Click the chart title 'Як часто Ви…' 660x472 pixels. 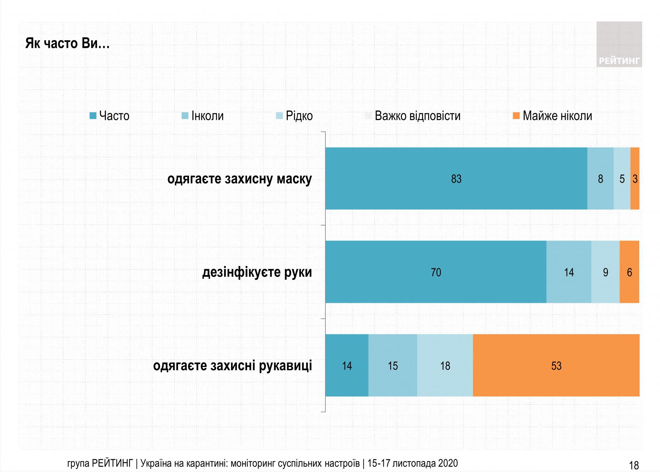click(67, 44)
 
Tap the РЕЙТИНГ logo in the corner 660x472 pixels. click(619, 45)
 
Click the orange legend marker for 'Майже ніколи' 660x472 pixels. click(516, 116)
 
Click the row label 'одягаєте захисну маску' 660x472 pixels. click(240, 179)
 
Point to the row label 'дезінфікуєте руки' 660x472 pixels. click(257, 272)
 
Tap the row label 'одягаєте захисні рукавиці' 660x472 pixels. click(232, 366)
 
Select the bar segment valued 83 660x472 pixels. click(456, 179)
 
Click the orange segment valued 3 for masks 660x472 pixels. click(635, 179)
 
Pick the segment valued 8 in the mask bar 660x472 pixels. click(600, 179)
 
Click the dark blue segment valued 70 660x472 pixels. click(436, 272)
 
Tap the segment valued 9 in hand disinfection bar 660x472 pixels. click(605, 272)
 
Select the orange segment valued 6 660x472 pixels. click(629, 272)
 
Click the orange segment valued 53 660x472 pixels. click(556, 366)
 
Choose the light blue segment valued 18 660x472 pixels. click(445, 366)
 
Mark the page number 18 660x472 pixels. click(634, 465)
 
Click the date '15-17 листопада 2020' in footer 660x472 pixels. click(412, 463)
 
